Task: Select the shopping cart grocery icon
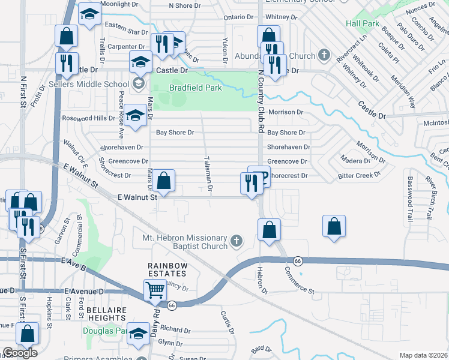(x=155, y=290)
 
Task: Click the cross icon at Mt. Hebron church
(x=236, y=242)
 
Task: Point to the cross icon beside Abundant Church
(x=324, y=56)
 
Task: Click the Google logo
(x=20, y=352)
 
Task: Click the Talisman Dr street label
(x=208, y=174)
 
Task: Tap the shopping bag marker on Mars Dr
(x=163, y=180)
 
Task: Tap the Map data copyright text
(x=423, y=355)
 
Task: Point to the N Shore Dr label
(x=188, y=5)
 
